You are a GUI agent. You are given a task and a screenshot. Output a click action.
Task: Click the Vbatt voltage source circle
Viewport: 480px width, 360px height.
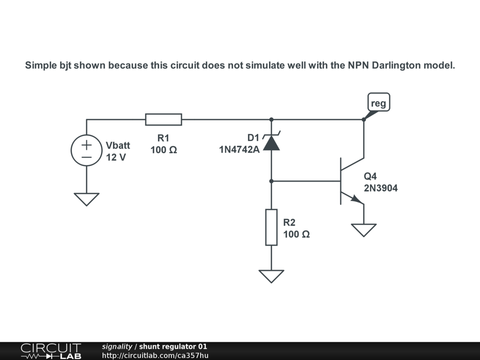point(87,151)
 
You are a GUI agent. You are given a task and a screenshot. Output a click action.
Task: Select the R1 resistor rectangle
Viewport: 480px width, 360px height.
point(163,120)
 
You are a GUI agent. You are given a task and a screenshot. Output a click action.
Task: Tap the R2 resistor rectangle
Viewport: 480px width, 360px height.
point(271,227)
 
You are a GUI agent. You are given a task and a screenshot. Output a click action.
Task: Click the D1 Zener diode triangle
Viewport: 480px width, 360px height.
point(271,143)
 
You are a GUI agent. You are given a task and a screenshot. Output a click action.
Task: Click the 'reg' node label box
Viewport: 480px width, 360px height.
point(379,103)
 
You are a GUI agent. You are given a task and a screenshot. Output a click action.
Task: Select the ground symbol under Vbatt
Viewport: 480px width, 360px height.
point(87,199)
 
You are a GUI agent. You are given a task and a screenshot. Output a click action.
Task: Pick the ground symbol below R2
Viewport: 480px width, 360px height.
point(271,276)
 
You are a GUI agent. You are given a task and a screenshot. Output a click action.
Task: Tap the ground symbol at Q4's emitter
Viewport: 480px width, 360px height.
point(364,230)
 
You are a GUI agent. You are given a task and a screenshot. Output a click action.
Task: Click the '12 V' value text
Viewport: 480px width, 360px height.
point(116,157)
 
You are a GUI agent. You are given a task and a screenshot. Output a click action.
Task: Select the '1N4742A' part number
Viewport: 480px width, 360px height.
point(239,150)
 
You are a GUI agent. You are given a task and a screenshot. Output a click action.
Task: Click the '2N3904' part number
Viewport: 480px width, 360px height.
point(381,188)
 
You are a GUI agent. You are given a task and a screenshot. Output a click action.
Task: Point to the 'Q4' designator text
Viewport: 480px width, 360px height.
point(370,177)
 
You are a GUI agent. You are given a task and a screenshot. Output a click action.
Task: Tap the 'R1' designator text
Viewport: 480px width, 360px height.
point(163,138)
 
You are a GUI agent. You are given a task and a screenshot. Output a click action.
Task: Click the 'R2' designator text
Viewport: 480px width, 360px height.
point(289,222)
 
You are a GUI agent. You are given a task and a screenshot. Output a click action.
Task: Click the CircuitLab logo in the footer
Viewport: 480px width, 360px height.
point(51,351)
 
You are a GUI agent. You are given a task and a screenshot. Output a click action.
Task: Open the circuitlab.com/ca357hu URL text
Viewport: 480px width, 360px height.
point(155,355)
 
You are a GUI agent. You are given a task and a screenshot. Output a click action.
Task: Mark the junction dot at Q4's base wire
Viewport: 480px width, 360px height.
point(271,181)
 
